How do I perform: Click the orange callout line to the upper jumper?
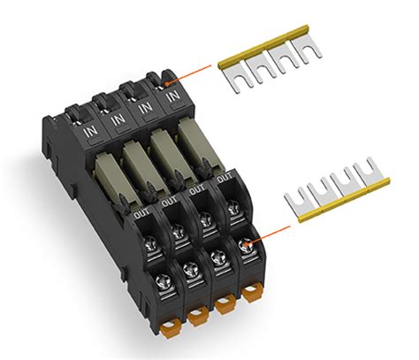click(x=190, y=73)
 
